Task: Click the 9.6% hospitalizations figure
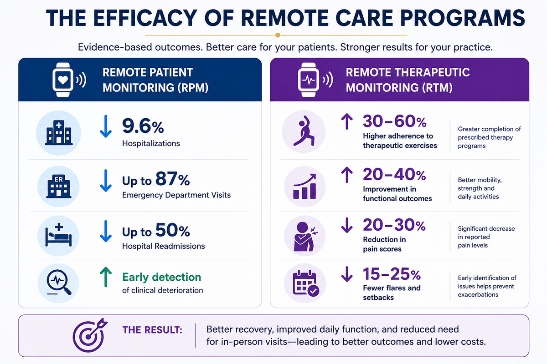143,126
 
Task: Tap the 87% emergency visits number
172,179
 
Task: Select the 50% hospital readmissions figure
172,230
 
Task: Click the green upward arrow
106,277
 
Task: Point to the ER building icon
59,186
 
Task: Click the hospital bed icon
59,235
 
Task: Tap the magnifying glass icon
59,283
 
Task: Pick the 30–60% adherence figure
395,121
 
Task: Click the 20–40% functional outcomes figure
394,174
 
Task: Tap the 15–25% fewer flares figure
392,274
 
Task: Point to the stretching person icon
304,131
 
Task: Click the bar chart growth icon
304,186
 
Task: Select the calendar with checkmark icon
306,283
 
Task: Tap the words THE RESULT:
152,330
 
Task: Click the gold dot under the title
278,35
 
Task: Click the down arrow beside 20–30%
347,225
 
